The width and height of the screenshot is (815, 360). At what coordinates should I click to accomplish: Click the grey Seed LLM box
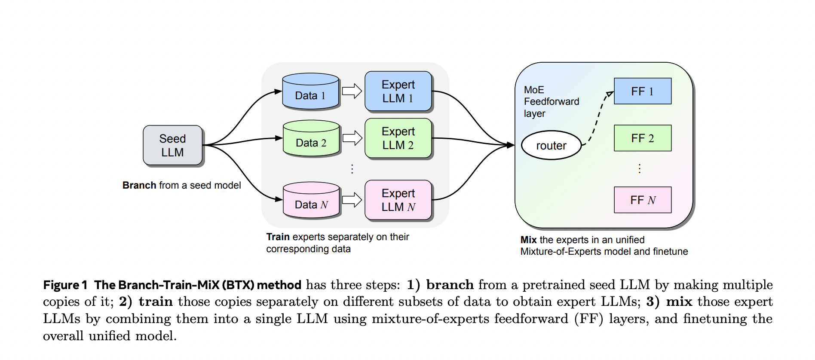point(172,145)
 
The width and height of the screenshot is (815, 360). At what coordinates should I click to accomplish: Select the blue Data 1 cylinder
point(310,92)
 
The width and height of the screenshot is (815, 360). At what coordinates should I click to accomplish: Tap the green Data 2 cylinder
point(311,138)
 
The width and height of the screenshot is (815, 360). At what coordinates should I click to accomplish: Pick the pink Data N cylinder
point(311,200)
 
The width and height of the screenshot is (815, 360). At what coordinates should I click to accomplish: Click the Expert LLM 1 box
point(398,91)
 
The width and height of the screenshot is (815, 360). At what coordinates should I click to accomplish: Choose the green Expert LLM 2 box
point(398,138)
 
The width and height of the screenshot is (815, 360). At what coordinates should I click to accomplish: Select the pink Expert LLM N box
point(398,200)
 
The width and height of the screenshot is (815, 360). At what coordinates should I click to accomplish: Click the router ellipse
point(551,145)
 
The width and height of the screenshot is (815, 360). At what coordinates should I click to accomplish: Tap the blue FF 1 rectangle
point(642,91)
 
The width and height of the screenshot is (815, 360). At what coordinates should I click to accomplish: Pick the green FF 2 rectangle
point(642,138)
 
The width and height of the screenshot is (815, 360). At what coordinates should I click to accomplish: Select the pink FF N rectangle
point(642,200)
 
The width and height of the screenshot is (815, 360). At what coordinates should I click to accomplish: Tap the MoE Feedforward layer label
point(551,102)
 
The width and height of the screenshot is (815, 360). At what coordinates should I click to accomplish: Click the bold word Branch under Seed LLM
point(139,185)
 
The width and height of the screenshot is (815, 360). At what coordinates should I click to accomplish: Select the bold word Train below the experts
point(278,237)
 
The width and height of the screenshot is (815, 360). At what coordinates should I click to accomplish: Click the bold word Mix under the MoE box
point(528,240)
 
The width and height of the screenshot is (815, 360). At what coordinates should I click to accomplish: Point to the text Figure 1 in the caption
point(65,285)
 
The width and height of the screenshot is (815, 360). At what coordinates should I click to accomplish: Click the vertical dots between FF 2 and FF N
point(640,168)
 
